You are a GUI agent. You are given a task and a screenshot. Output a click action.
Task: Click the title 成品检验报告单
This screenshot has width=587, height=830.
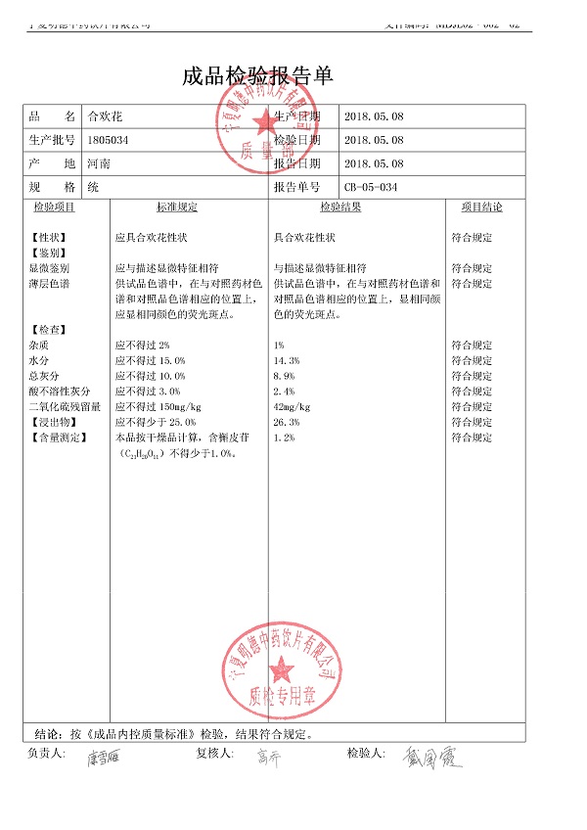click(x=257, y=77)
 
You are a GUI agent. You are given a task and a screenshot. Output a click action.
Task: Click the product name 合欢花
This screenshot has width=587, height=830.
click(x=102, y=116)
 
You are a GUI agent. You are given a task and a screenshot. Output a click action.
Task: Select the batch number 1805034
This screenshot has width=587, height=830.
click(x=108, y=140)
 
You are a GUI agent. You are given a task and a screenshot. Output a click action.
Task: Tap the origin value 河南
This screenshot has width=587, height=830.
click(x=98, y=163)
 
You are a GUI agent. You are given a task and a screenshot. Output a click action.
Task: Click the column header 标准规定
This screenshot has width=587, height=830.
click(x=177, y=207)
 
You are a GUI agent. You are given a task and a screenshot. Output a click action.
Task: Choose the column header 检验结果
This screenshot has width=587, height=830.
click(x=340, y=207)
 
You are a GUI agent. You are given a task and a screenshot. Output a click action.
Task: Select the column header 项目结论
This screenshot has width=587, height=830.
click(x=481, y=207)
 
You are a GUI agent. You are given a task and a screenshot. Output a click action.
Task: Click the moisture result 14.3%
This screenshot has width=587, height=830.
click(x=287, y=361)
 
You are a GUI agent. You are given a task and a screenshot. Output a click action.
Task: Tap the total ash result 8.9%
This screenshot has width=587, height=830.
click(x=284, y=376)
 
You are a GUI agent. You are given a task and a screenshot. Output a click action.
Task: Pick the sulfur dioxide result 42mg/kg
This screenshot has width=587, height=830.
click(x=293, y=407)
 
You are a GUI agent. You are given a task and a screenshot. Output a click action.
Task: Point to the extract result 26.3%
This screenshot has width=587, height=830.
click(x=287, y=422)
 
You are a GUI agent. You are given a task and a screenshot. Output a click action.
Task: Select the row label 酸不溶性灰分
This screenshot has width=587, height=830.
click(x=60, y=392)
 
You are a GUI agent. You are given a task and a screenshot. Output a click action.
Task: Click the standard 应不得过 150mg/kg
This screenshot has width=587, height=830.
click(x=158, y=407)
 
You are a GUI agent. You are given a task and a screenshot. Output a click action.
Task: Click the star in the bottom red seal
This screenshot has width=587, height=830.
click(x=282, y=669)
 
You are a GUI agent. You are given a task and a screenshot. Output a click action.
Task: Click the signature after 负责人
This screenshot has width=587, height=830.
click(x=105, y=758)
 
